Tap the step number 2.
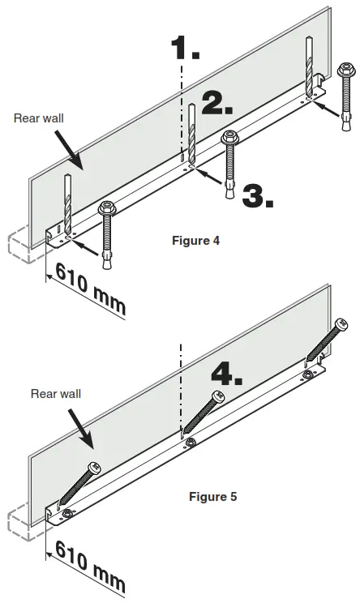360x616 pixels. pyautogui.click(x=216, y=102)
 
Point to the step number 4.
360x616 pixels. pyautogui.click(x=226, y=374)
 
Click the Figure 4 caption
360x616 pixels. pyautogui.click(x=195, y=240)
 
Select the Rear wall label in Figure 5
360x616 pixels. pyautogui.click(x=55, y=394)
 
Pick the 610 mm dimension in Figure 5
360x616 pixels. pyautogui.click(x=89, y=567)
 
